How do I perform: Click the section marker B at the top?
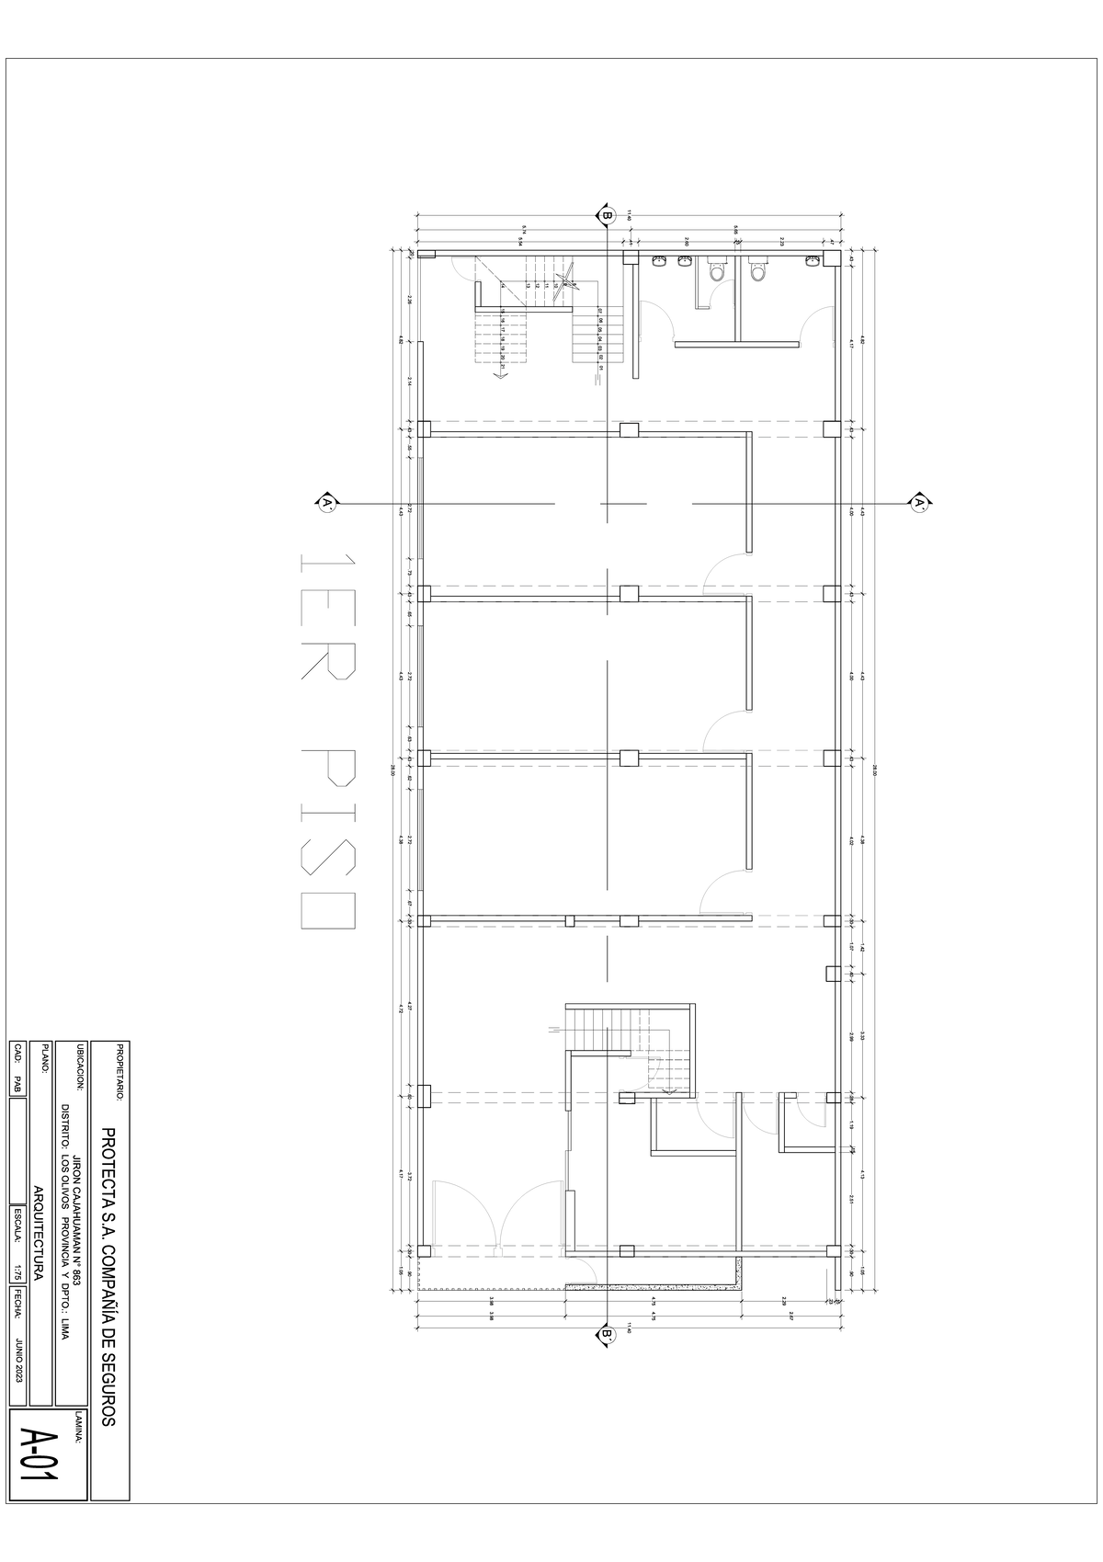point(607,216)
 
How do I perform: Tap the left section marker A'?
point(325,503)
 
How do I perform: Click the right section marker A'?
point(919,503)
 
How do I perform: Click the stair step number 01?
point(599,369)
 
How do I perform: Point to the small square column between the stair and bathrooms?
point(630,258)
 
